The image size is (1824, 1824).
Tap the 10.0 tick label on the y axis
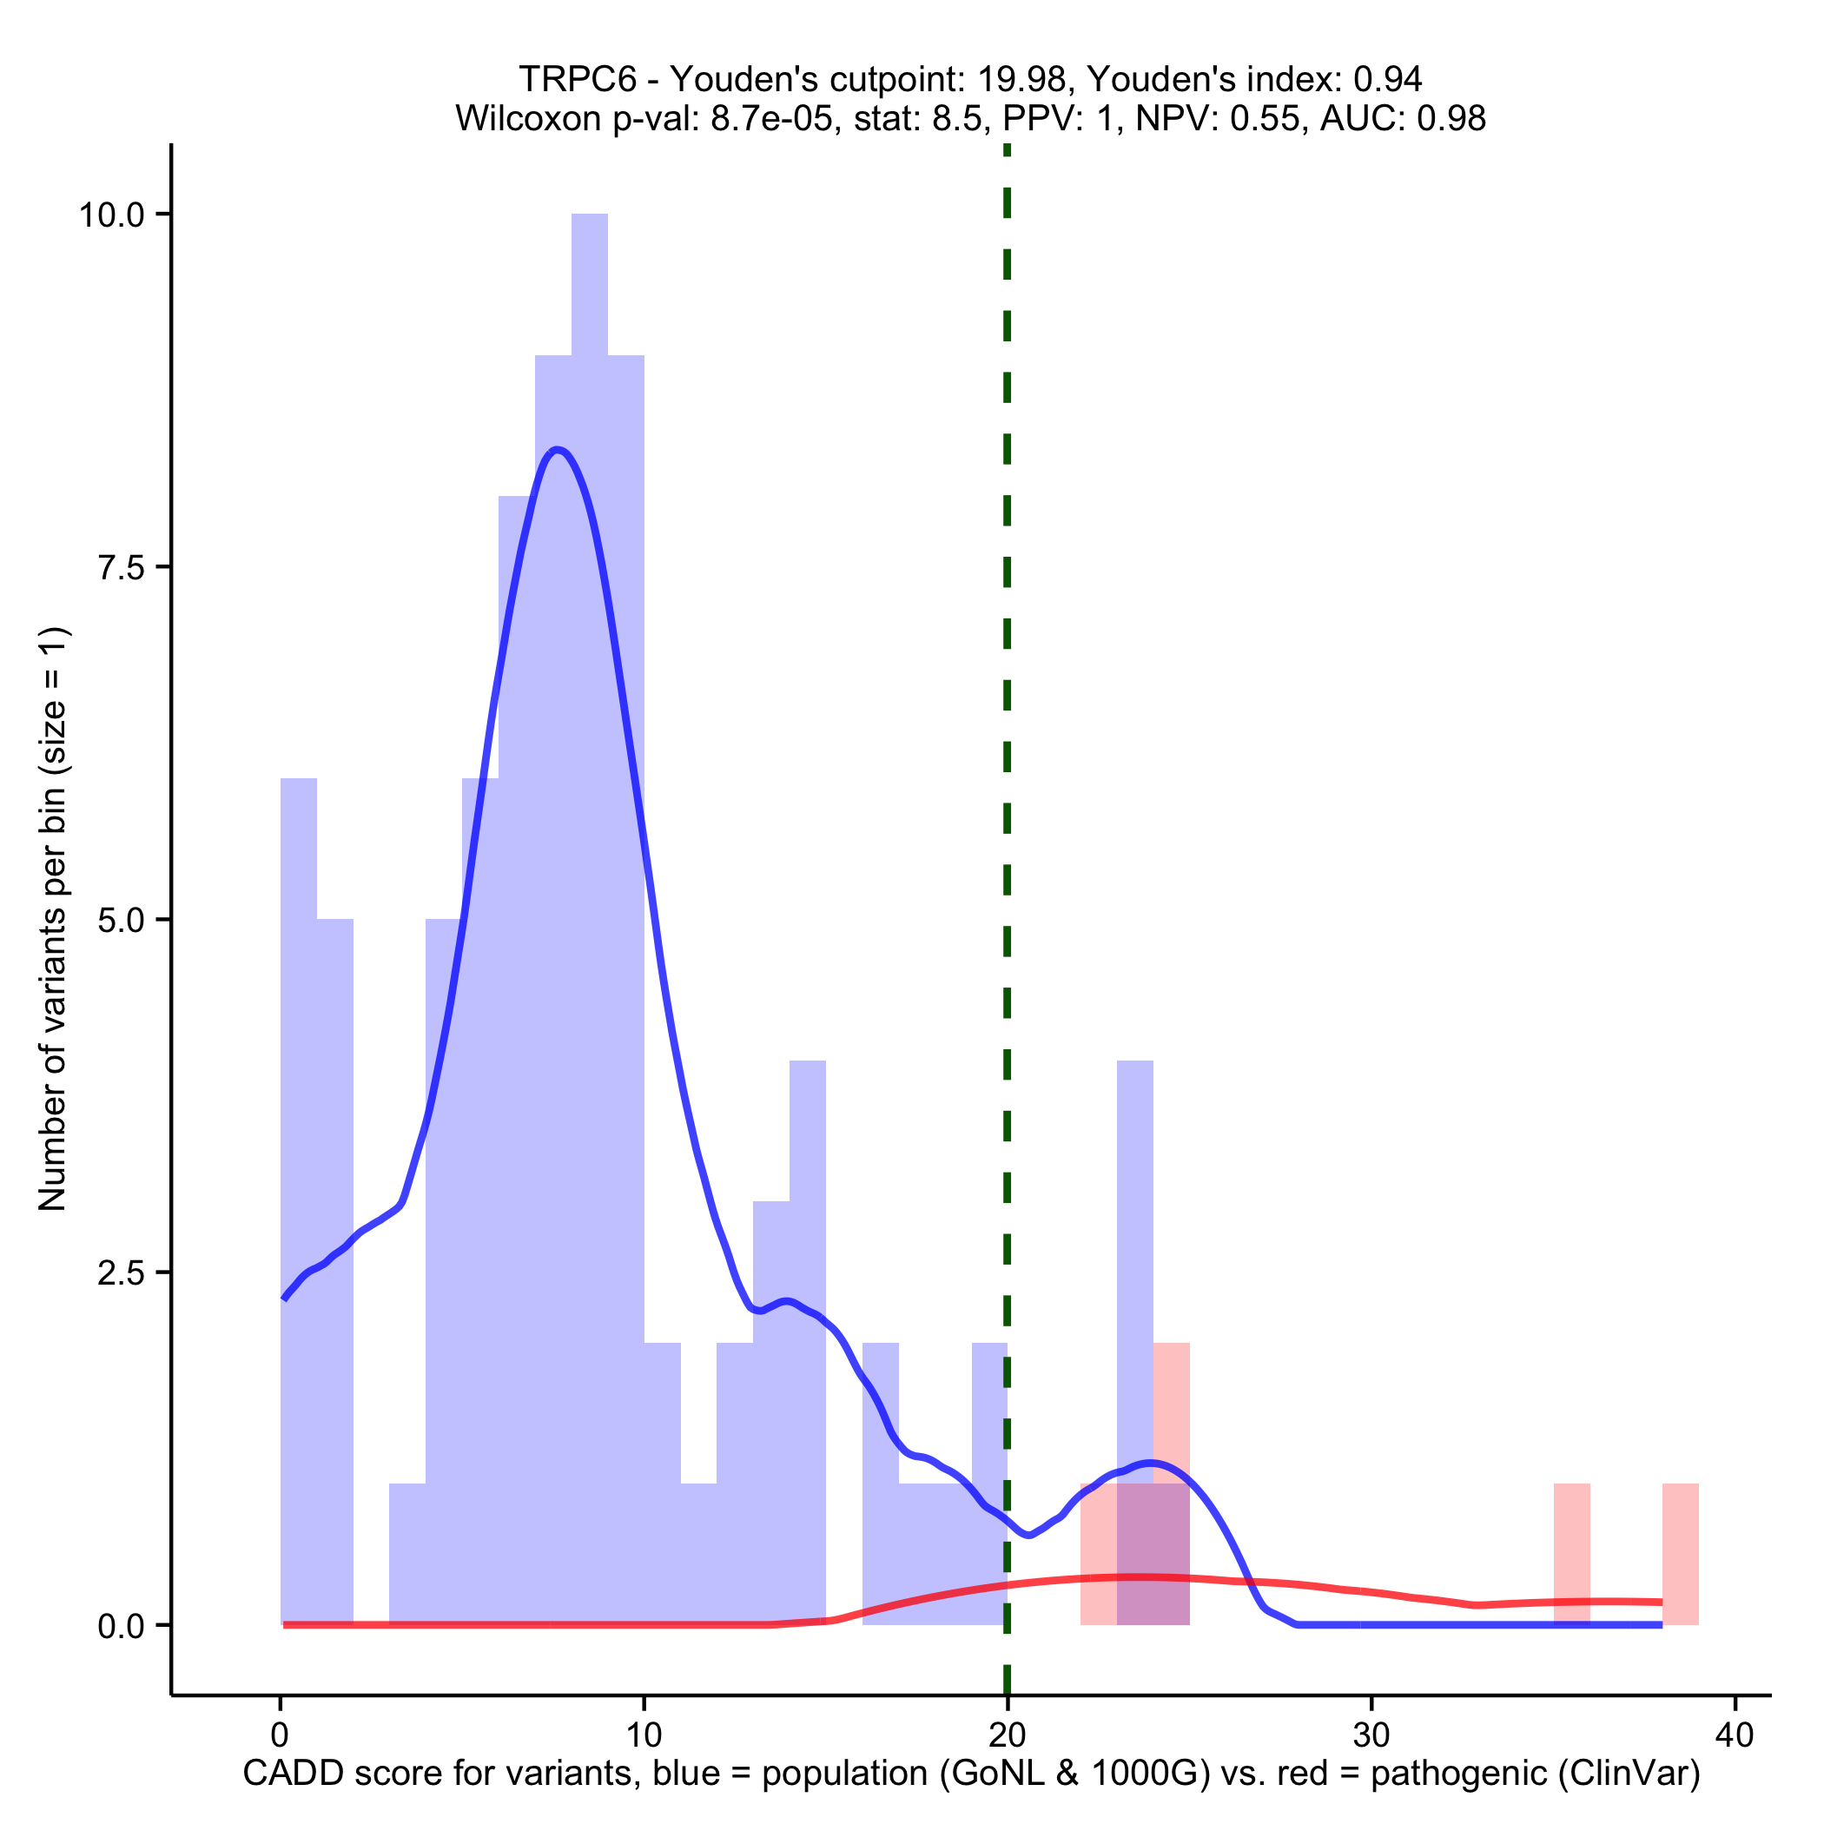point(111,215)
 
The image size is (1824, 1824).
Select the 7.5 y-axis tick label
point(122,567)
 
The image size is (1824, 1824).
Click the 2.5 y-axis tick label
point(122,1272)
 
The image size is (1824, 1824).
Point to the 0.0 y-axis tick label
point(122,1626)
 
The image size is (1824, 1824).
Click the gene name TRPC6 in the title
point(577,80)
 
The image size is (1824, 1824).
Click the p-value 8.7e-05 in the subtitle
point(775,119)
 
